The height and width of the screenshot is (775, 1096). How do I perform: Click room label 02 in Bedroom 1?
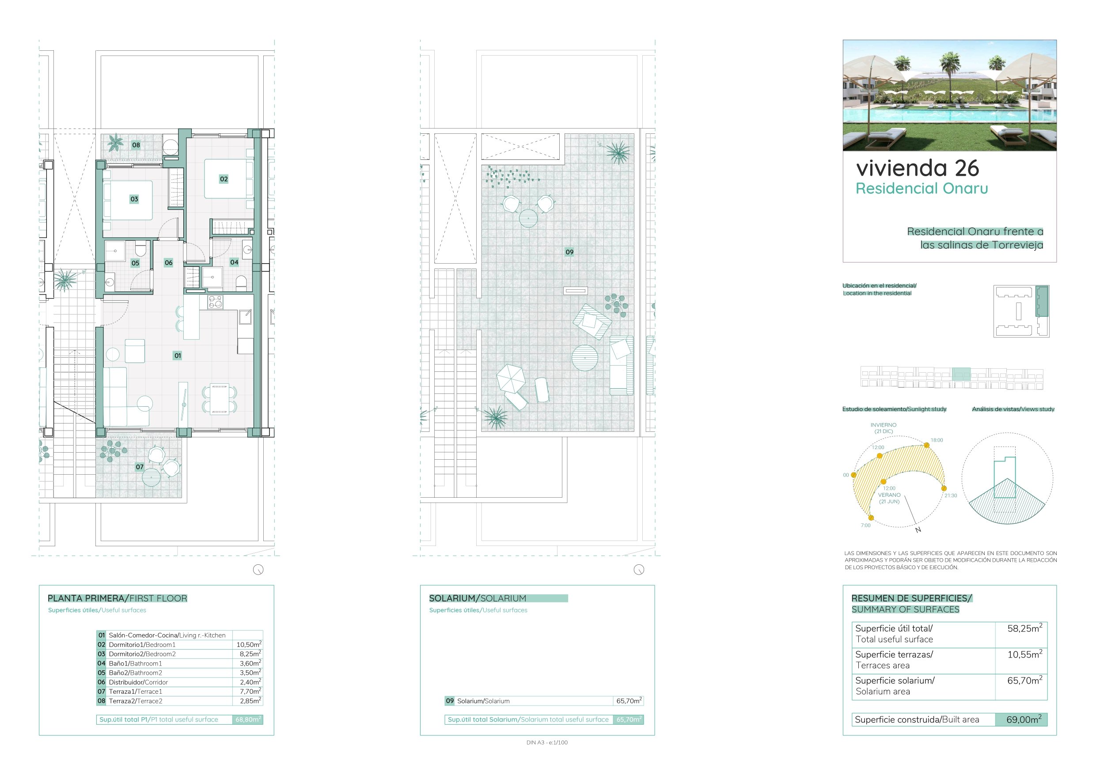tap(224, 179)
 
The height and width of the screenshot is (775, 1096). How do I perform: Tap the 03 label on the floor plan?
tap(134, 199)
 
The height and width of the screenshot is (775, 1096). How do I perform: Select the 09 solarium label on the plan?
tap(569, 252)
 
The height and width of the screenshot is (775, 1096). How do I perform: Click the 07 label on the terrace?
tap(140, 467)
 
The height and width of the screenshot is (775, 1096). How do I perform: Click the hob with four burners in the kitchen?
tap(215, 302)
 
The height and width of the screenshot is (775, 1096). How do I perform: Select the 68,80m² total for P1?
tap(248, 719)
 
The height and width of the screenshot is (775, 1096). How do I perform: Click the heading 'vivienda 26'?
tap(918, 168)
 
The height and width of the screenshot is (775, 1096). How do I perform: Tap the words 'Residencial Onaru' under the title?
tap(922, 189)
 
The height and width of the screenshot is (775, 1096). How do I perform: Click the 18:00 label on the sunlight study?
tap(937, 440)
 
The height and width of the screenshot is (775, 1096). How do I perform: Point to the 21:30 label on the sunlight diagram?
tap(950, 495)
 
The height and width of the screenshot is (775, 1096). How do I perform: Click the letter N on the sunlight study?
tap(918, 530)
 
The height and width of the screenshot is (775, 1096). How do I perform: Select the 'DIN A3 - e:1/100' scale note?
tap(547, 743)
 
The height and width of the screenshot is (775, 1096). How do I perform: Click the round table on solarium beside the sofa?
tap(585, 358)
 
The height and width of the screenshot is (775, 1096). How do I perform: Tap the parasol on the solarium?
tap(511, 378)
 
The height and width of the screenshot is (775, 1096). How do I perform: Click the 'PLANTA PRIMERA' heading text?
tap(86, 598)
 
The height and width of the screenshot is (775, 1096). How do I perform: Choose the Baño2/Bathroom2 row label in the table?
tap(136, 673)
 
